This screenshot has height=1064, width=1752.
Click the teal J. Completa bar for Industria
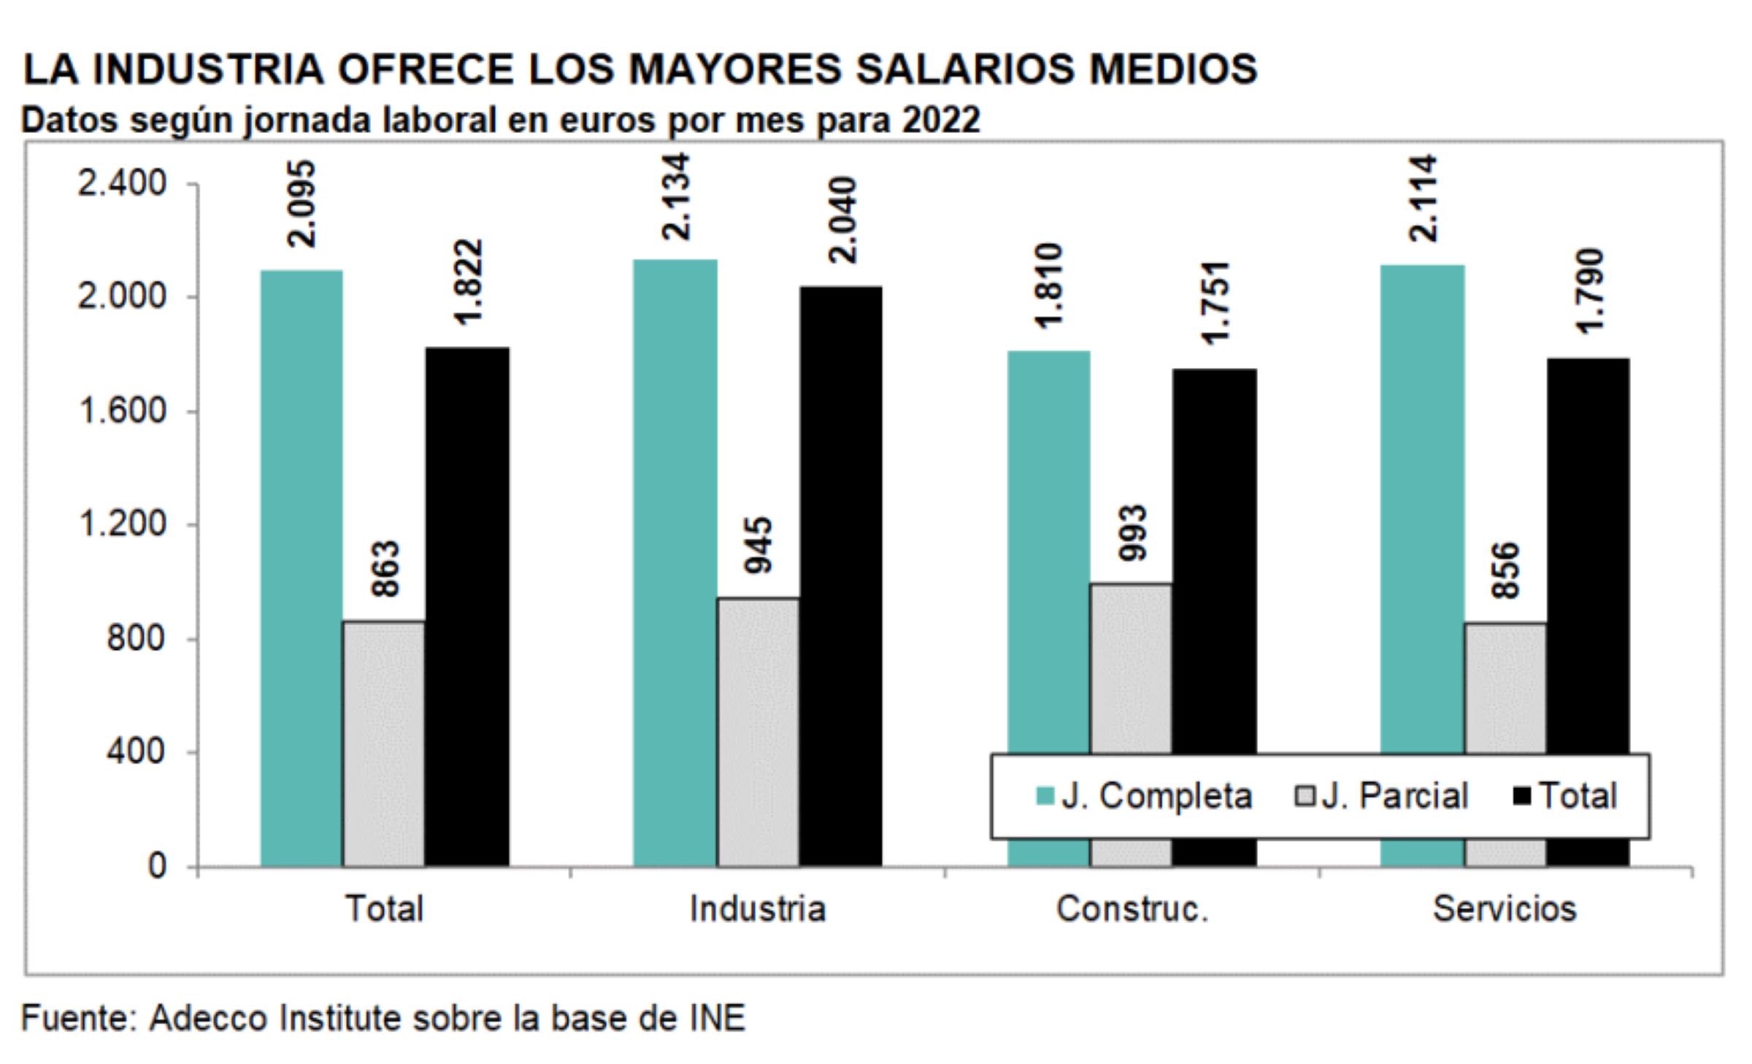[x=675, y=562]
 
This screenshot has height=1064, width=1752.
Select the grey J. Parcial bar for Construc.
[x=1131, y=668]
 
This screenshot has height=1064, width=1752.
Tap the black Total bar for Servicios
[x=1588, y=555]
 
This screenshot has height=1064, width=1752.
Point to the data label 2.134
[x=676, y=196]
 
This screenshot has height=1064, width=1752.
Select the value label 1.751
[x=1215, y=302]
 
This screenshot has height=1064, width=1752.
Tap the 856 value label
[x=1506, y=570]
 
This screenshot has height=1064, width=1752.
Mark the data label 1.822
[x=468, y=282]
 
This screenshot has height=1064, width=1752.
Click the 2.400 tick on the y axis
[x=123, y=184]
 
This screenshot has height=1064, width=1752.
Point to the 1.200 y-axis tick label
[x=123, y=524]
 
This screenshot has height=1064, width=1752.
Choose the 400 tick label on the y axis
[x=137, y=751]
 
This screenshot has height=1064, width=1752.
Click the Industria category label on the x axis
[x=758, y=909]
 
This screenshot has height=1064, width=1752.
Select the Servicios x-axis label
[x=1505, y=909]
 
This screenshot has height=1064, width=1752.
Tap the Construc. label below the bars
[x=1132, y=909]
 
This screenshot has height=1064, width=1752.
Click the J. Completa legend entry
[x=1144, y=796]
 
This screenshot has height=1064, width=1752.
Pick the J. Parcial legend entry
[x=1381, y=796]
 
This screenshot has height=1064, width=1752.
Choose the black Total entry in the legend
[x=1567, y=796]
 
